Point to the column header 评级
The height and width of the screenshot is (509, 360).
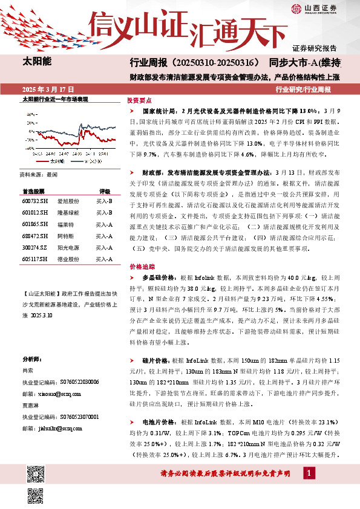(x=105, y=190)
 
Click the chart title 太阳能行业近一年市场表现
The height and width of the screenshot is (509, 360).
(x=55, y=98)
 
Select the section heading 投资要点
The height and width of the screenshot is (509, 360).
(x=139, y=101)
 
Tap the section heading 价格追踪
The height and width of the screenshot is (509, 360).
(x=139, y=266)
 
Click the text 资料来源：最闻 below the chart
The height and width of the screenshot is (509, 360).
(x=38, y=174)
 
